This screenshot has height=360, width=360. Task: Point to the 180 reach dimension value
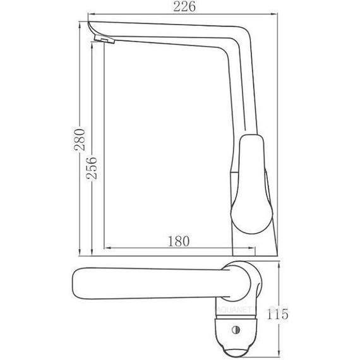(181, 240)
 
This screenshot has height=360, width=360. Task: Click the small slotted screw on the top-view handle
(237, 328)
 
